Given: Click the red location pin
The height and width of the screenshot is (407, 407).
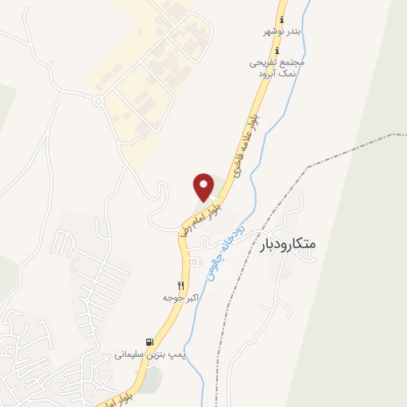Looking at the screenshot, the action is (204, 187).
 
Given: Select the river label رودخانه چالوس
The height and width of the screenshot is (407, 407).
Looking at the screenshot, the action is (225, 246).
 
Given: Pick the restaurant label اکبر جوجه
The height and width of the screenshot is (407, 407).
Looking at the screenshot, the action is (180, 297).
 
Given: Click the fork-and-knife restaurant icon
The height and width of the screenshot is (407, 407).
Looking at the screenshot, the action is (181, 285).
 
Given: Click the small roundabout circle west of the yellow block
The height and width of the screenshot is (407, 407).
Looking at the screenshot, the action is (99, 101).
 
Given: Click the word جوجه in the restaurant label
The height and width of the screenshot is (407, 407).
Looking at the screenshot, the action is (171, 297).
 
